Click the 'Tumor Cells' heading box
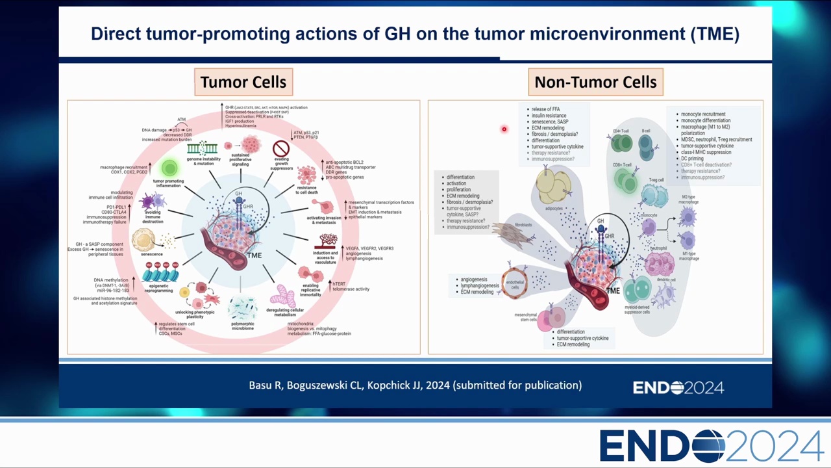pyautogui.click(x=243, y=83)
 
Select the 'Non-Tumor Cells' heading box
pyautogui.click(x=595, y=83)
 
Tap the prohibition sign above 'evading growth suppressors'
pyautogui.click(x=281, y=149)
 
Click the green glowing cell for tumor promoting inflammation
pyautogui.click(x=169, y=168)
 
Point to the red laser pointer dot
pyautogui.click(x=504, y=129)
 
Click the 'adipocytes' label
pyautogui.click(x=554, y=209)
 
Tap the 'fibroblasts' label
pyautogui.click(x=523, y=225)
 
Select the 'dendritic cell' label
pyautogui.click(x=667, y=280)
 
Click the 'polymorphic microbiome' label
pyautogui.click(x=242, y=326)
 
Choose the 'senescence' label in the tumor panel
pyautogui.click(x=152, y=254)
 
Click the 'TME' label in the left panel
pyautogui.click(x=254, y=255)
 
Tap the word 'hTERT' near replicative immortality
pyautogui.click(x=339, y=283)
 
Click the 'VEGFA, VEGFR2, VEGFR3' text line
pyautogui.click(x=369, y=248)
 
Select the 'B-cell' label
pyautogui.click(x=646, y=131)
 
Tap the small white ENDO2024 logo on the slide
pyautogui.click(x=678, y=388)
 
